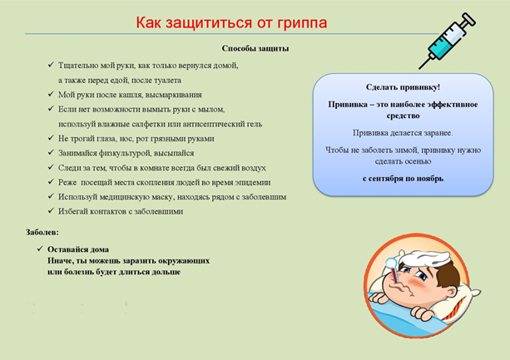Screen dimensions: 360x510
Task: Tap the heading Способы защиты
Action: pyautogui.click(x=255, y=49)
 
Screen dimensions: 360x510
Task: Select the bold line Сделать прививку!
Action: pyautogui.click(x=403, y=86)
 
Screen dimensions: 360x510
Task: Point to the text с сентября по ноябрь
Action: pyautogui.click(x=403, y=178)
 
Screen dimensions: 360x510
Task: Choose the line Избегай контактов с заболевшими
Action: pyautogui.click(x=121, y=211)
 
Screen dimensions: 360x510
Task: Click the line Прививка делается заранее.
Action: pyautogui.click(x=403, y=132)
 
